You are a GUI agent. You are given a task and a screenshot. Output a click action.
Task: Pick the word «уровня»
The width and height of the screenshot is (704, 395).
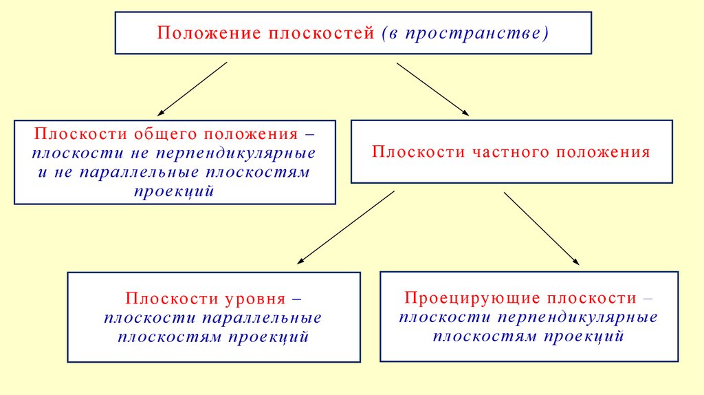coord(254,299)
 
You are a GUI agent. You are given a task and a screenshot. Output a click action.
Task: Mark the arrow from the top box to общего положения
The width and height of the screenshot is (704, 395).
coord(192,89)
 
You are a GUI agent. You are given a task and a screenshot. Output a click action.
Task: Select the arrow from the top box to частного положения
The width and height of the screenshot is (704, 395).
coord(432,89)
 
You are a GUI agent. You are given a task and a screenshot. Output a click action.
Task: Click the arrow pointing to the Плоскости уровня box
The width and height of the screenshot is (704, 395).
coord(346,227)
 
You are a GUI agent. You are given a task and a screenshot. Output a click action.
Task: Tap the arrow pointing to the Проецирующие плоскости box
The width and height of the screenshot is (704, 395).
coord(541,228)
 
